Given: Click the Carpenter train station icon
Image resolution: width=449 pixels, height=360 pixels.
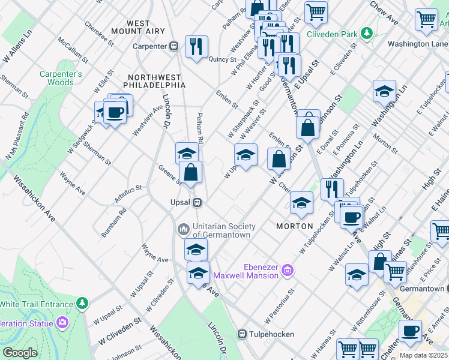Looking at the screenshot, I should [174, 46].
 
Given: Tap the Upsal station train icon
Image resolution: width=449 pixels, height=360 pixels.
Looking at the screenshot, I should [196, 202].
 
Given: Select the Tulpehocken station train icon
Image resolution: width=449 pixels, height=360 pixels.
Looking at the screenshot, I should [243, 334].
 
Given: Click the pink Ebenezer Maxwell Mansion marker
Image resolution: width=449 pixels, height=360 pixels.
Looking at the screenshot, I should [288, 271].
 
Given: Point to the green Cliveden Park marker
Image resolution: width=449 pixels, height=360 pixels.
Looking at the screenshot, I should [364, 34].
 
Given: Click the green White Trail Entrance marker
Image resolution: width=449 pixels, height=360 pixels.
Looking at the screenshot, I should [82, 304].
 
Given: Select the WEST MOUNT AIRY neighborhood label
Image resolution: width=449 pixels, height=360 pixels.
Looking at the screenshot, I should [138, 28].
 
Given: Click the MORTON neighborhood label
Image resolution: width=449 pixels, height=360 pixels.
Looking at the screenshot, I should [294, 226].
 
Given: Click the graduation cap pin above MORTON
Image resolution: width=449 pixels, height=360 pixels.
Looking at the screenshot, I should [301, 203].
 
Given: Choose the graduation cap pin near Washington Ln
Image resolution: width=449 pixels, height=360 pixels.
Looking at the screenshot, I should [384, 91].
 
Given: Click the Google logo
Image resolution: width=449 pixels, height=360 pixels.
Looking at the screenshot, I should [20, 353].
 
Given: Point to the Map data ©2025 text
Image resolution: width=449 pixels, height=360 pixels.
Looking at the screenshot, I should [423, 355].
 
